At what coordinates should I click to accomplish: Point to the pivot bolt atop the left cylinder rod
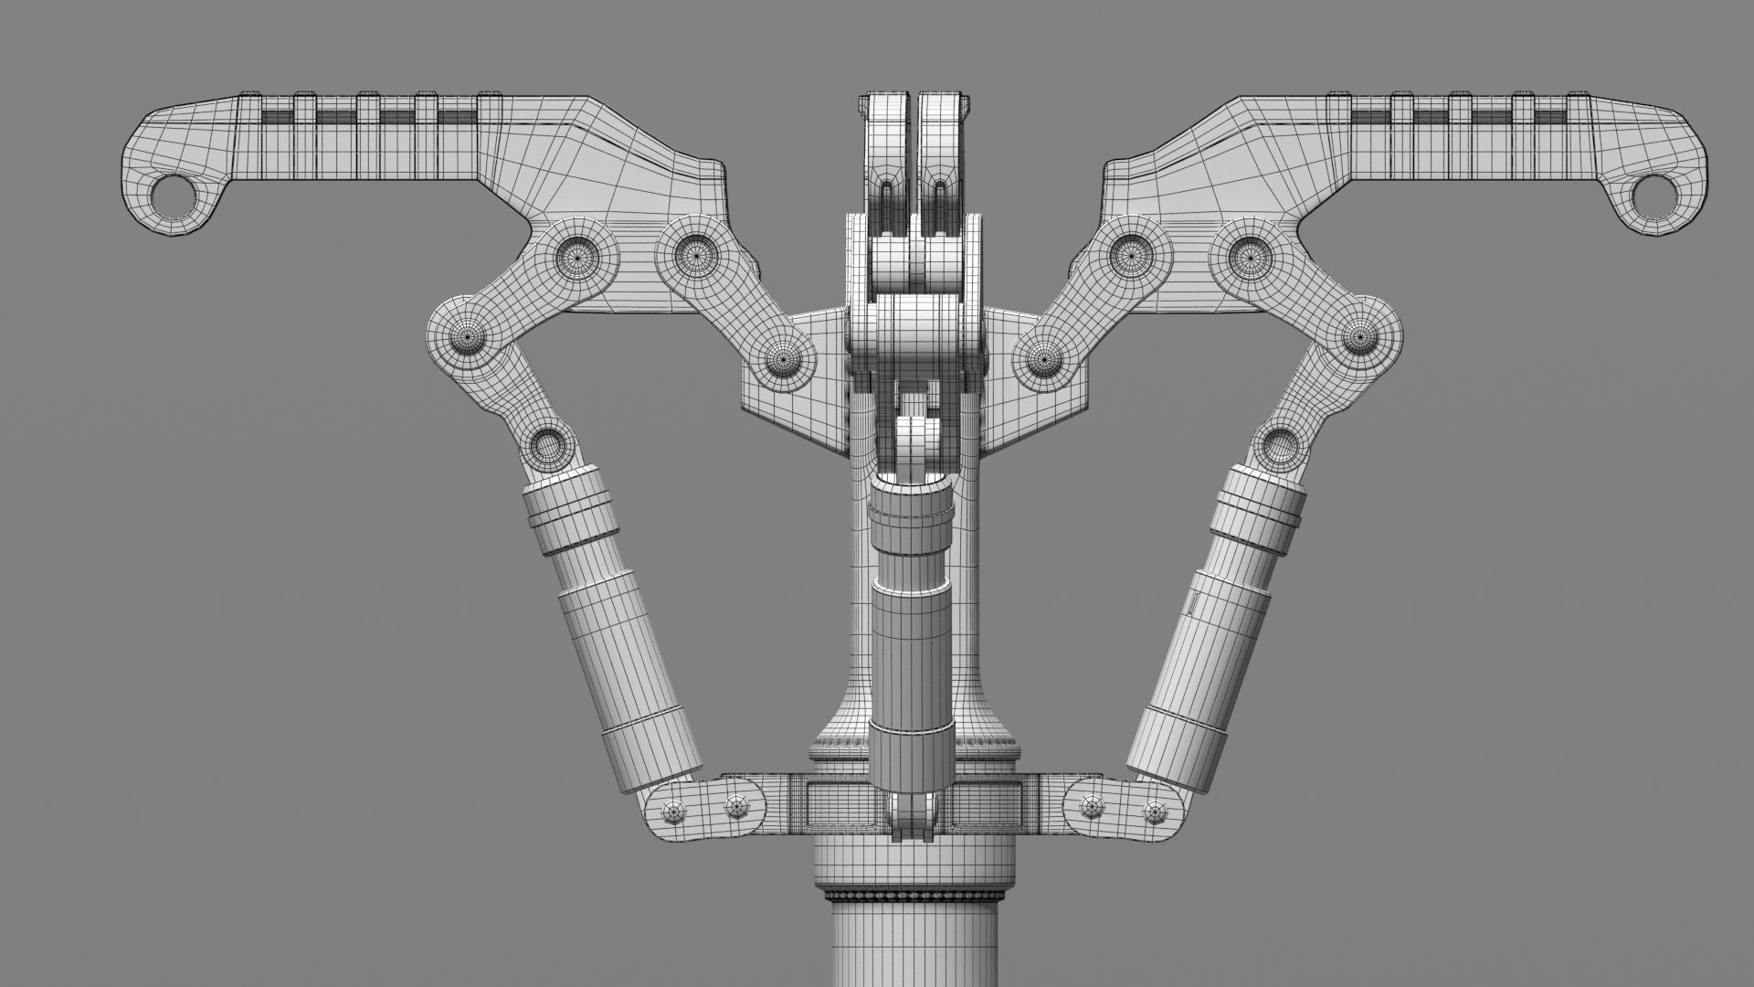pyautogui.click(x=547, y=447)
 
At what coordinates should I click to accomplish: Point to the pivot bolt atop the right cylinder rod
pyautogui.click(x=1278, y=445)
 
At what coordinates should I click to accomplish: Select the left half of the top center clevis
pyautogui.click(x=886, y=155)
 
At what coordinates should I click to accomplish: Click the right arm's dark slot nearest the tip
pyautogui.click(x=1552, y=117)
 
